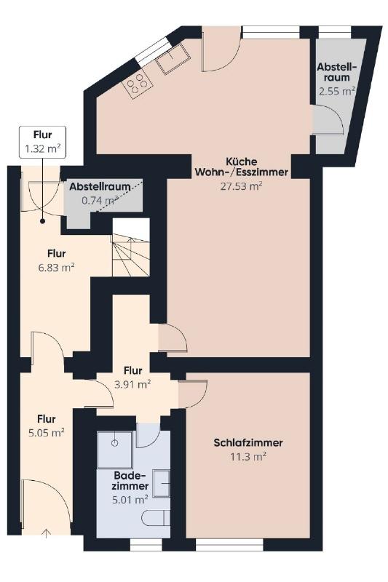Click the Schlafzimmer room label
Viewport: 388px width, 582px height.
(x=248, y=443)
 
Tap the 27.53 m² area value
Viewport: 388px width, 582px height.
(x=242, y=186)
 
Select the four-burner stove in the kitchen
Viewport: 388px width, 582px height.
(x=138, y=84)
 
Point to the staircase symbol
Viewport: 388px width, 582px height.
(x=131, y=247)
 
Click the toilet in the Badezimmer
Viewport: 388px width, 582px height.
(x=157, y=518)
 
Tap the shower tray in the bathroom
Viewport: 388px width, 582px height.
(x=115, y=449)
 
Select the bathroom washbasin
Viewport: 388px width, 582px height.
(x=161, y=483)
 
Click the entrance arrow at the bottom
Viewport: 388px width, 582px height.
(x=46, y=533)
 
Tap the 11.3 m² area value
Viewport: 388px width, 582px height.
(x=248, y=457)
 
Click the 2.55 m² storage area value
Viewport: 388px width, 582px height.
(x=337, y=92)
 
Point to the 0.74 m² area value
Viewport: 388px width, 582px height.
(x=100, y=201)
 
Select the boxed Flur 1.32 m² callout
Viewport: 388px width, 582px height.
(x=43, y=142)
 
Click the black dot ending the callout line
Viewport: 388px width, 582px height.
(x=43, y=221)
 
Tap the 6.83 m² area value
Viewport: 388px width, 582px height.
(x=57, y=267)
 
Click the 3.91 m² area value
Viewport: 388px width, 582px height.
(x=132, y=385)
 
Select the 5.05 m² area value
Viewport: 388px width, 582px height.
(x=47, y=433)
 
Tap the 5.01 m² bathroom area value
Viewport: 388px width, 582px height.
(x=130, y=500)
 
